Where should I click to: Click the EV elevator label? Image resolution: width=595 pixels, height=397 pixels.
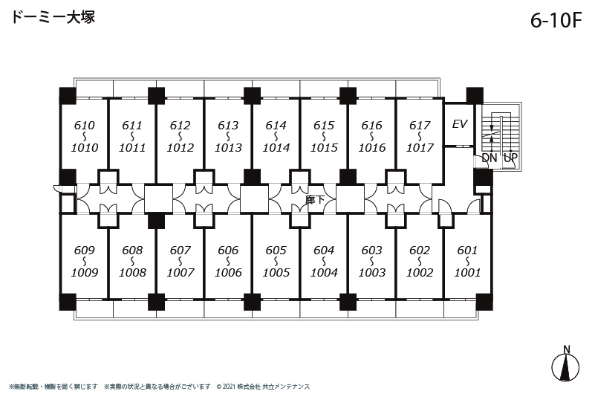click(x=460, y=124)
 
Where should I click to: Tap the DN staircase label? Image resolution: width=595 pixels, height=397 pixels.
click(x=489, y=158)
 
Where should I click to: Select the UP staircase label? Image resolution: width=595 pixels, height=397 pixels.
click(x=510, y=158)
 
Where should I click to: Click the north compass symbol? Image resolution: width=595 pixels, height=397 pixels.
click(x=565, y=364)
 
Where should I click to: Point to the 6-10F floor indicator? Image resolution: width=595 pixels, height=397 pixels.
click(x=556, y=20)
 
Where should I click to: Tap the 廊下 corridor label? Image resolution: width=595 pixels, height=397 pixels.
click(x=315, y=199)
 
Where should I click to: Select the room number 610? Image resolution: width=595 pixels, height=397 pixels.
click(x=84, y=126)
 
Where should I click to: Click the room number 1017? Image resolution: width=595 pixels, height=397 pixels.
click(x=420, y=147)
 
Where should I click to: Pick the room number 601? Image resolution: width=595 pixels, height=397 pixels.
click(x=467, y=251)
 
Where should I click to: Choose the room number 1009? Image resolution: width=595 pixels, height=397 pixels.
click(x=84, y=272)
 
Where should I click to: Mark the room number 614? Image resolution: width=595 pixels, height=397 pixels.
click(x=276, y=126)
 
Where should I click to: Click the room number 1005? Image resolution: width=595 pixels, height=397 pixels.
click(x=276, y=272)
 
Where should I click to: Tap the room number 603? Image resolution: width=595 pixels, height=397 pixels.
click(x=371, y=251)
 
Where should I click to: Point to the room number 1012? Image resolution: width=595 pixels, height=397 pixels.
click(x=181, y=147)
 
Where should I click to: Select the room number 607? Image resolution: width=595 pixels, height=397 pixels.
click(x=181, y=251)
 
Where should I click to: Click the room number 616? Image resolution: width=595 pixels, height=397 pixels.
click(x=372, y=126)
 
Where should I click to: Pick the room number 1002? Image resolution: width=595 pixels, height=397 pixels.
click(x=420, y=272)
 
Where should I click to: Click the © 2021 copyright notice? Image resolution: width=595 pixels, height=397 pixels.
click(x=263, y=387)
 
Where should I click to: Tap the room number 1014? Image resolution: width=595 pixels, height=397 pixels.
click(x=276, y=147)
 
